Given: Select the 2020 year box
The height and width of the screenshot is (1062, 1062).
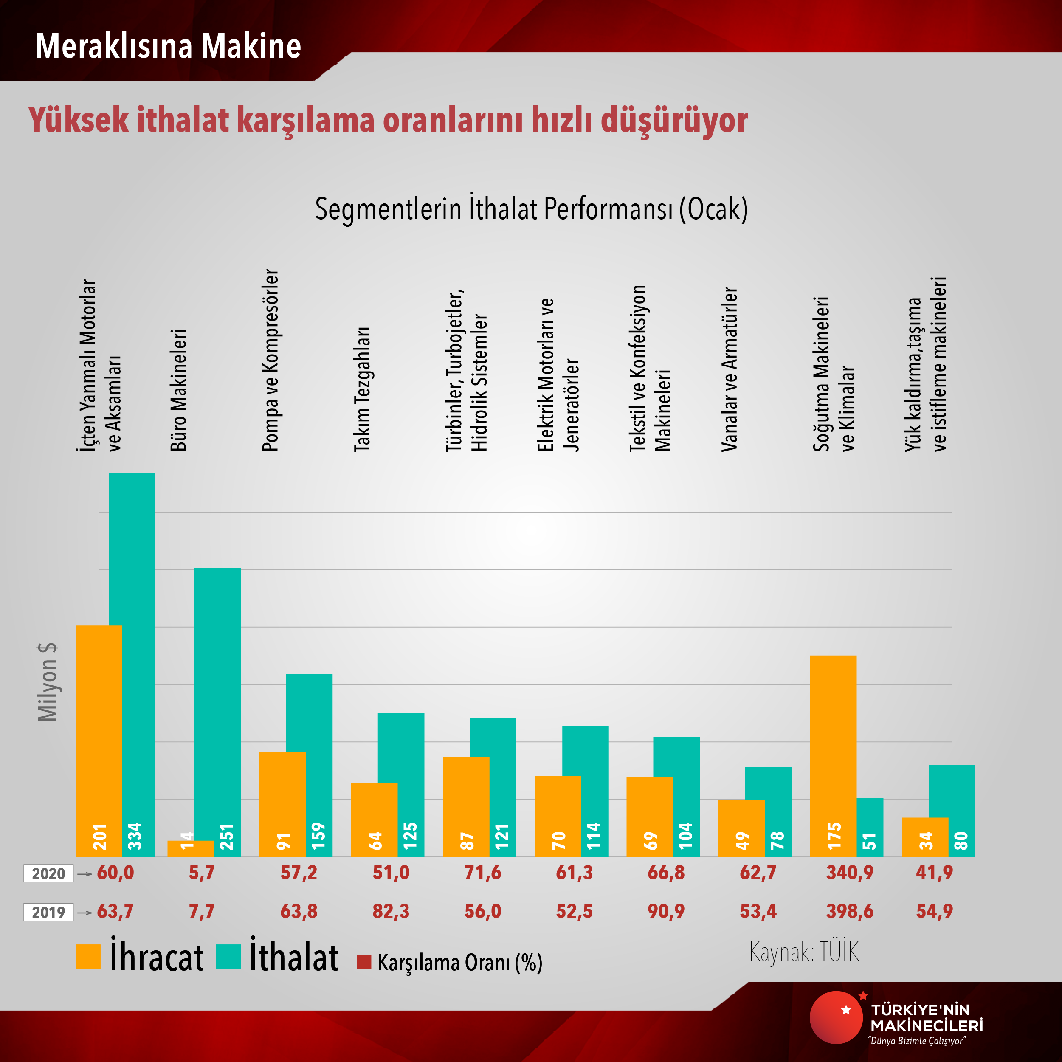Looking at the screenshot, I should click(x=48, y=873).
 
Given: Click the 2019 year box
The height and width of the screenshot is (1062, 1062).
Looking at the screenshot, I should click(x=48, y=913).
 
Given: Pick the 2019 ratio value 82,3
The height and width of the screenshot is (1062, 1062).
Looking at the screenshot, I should click(x=391, y=911).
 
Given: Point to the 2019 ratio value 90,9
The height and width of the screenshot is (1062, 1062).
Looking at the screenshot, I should click(x=666, y=911).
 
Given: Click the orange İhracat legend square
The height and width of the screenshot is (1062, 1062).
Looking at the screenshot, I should click(x=88, y=957).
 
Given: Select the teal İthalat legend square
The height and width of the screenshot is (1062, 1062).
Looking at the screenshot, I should click(x=228, y=957).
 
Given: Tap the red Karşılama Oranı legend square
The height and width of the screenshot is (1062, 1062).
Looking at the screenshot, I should click(x=363, y=962).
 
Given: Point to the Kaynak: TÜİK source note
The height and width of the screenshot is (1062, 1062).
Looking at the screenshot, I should click(x=804, y=952).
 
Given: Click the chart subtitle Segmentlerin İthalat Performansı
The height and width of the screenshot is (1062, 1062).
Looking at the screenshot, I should click(x=531, y=209).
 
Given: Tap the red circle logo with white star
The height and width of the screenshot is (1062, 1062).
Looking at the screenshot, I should click(x=836, y=1017).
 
